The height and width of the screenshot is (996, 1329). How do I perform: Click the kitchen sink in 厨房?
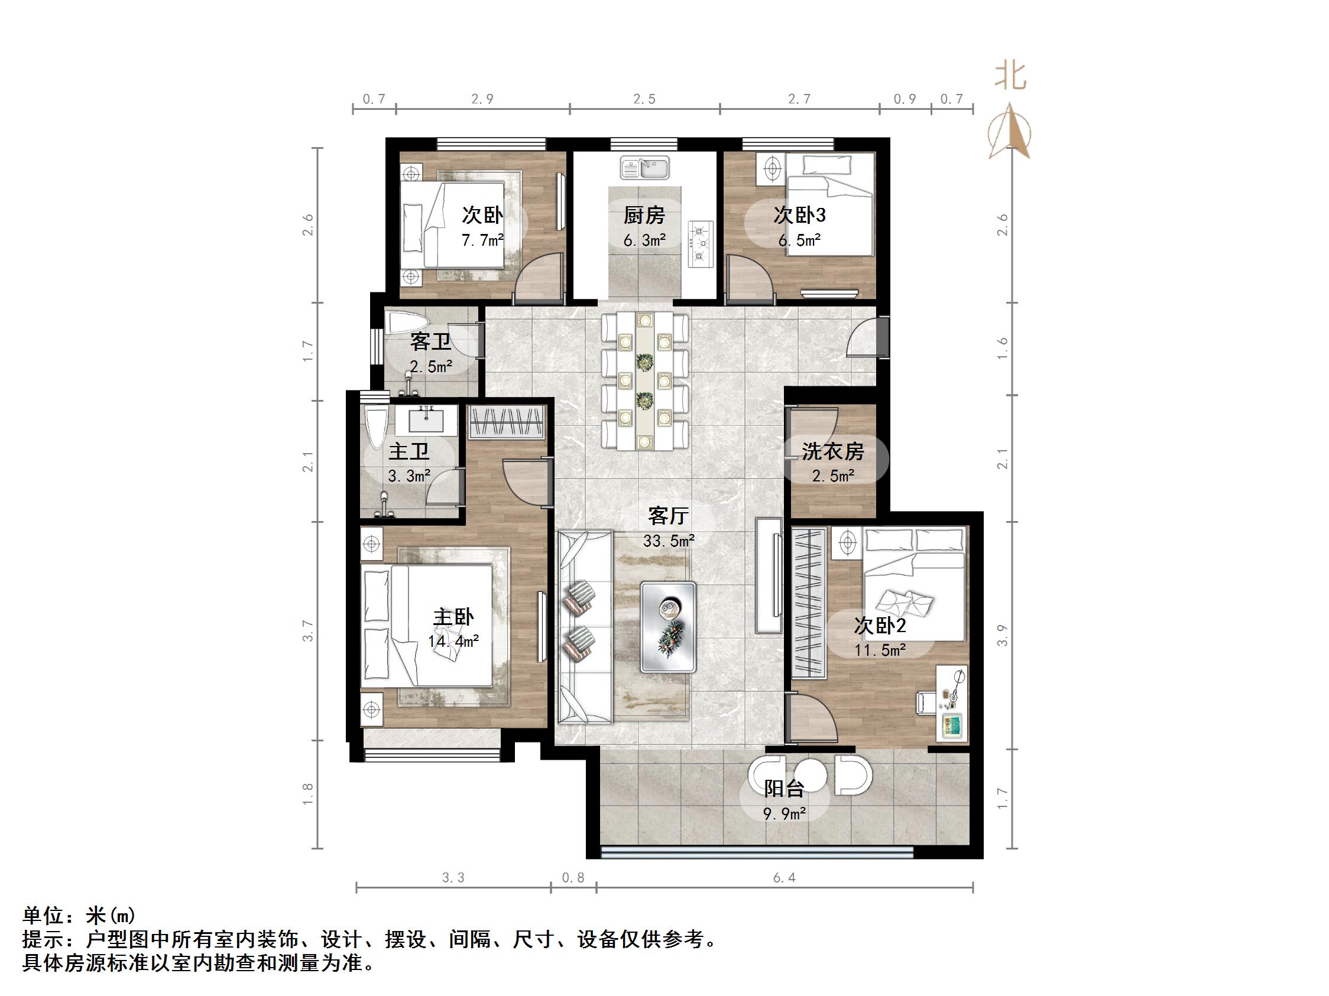click(x=644, y=168)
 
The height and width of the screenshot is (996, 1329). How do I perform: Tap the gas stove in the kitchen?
click(x=700, y=243)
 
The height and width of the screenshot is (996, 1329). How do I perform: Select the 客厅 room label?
click(x=668, y=516)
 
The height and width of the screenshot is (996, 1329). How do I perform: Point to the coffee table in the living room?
click(x=667, y=626)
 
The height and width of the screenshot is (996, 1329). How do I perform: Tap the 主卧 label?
click(x=453, y=617)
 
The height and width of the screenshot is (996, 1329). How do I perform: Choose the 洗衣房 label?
click(x=833, y=451)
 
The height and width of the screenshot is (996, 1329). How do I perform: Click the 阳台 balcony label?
click(x=783, y=788)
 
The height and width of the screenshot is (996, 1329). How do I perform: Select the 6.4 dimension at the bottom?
click(x=784, y=878)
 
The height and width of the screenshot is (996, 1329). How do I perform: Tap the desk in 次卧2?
click(x=952, y=703)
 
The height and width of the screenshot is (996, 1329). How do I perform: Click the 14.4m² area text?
click(x=453, y=641)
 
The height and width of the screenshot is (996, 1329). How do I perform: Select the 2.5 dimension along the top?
click(x=644, y=99)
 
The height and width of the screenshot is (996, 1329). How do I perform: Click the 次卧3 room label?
click(x=799, y=215)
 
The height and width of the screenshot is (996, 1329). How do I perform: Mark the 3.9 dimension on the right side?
click(x=1002, y=635)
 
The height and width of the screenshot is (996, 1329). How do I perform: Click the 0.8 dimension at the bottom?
click(x=573, y=878)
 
